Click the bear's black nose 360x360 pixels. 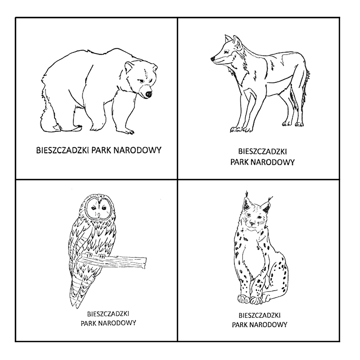pos(148,94)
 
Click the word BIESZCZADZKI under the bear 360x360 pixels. pos(63,151)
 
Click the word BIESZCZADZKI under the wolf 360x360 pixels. pos(262,152)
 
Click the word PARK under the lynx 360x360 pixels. pos(240,325)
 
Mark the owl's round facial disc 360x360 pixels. pos(100,208)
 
